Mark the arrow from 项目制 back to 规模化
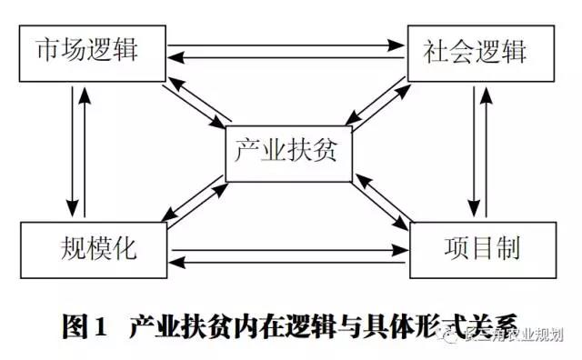pyautogui.click(x=286, y=264)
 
